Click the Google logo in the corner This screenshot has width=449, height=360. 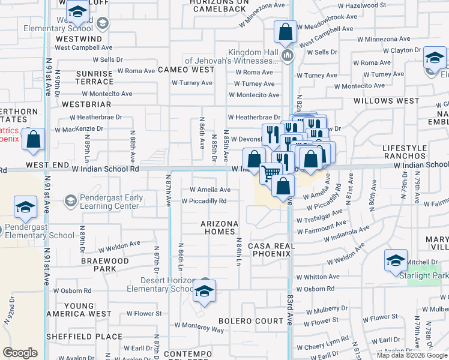[x=20, y=353]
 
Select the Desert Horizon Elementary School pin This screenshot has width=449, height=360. [x=204, y=293]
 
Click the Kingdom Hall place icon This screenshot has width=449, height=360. [x=288, y=56]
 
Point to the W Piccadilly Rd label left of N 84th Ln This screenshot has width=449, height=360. [x=204, y=201]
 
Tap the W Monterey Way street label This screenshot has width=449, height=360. [x=199, y=329]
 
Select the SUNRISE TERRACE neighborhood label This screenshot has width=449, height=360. [x=94, y=77]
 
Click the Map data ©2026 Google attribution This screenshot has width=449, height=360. [x=412, y=355]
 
